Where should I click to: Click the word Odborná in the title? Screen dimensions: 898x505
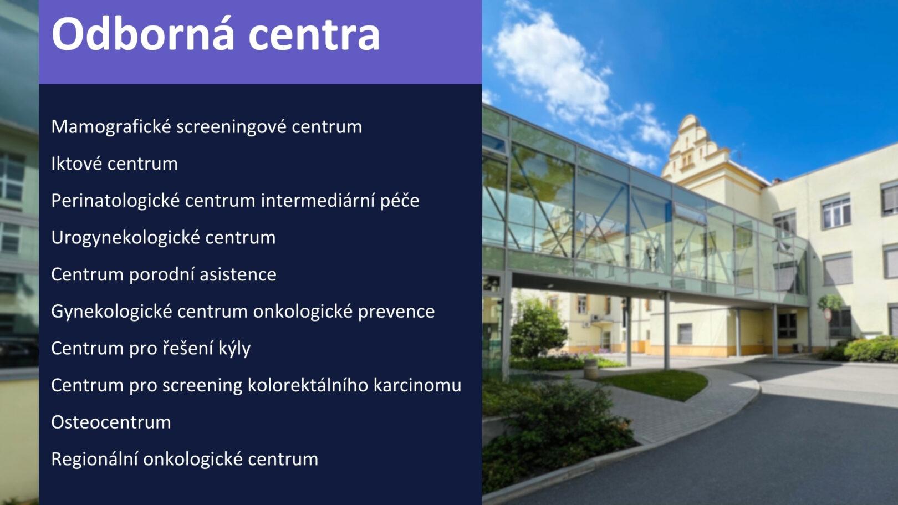(x=143, y=34)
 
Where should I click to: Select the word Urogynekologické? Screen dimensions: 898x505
(x=125, y=238)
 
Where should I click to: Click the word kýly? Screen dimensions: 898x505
(x=234, y=349)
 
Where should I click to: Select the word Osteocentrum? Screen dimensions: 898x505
(x=111, y=422)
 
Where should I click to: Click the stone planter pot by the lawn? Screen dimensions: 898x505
(x=590, y=369)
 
